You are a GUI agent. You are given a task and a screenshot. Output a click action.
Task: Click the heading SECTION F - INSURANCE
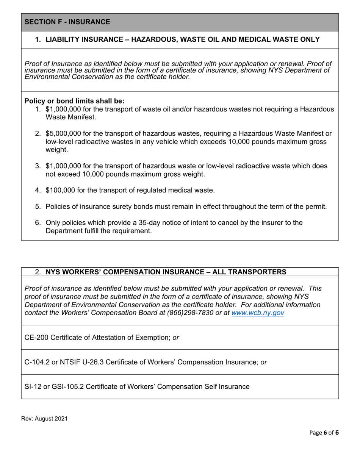pyautogui.click(x=67, y=22)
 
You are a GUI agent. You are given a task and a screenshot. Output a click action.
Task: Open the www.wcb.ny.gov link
pyautogui.click(x=257, y=313)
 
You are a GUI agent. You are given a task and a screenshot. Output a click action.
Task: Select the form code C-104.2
pyautogui.click(x=37, y=362)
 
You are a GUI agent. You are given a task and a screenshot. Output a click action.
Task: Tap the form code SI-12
pyautogui.click(x=33, y=387)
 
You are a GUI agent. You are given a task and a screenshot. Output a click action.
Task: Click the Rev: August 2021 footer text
pyautogui.click(x=44, y=419)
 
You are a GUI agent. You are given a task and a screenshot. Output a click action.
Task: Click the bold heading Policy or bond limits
pyautogui.click(x=74, y=101)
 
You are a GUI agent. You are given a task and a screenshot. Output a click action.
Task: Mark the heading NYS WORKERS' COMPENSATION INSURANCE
pyautogui.click(x=166, y=272)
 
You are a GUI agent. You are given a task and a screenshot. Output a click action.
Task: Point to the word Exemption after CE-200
pyautogui.click(x=153, y=338)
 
